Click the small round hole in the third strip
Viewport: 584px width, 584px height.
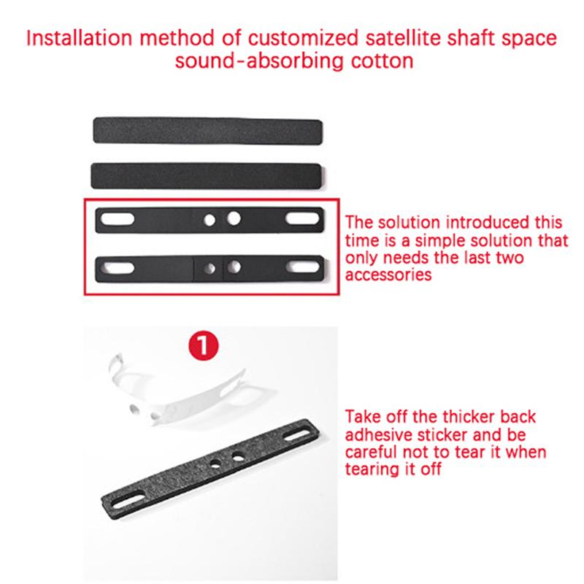[x=210, y=218]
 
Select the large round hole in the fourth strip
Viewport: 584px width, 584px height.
[x=234, y=266]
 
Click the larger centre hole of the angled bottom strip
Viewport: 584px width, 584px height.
[x=239, y=457]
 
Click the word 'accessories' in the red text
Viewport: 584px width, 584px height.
[x=388, y=276]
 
